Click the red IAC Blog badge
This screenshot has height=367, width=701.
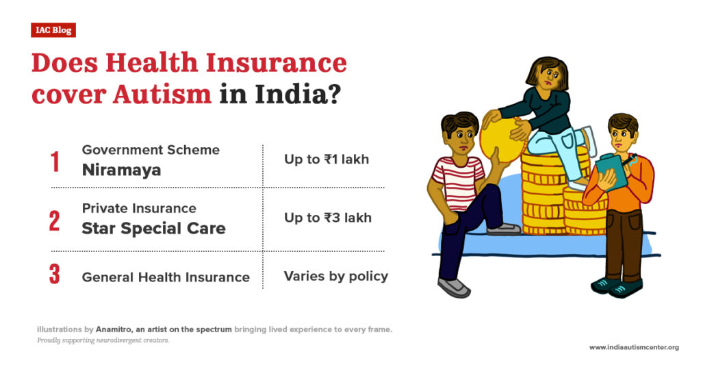click(x=53, y=30)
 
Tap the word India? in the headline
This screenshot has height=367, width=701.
click(x=296, y=93)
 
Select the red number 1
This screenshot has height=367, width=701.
click(x=55, y=162)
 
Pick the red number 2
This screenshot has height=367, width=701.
click(x=55, y=220)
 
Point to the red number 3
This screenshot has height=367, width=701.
click(x=55, y=275)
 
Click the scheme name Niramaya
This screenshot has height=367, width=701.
click(x=121, y=170)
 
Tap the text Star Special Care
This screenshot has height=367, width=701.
click(x=153, y=228)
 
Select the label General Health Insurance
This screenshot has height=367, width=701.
click(x=166, y=277)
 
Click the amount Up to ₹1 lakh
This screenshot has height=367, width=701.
click(x=327, y=160)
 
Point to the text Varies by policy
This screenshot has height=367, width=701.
click(x=336, y=277)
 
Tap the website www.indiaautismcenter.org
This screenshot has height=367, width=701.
click(x=634, y=347)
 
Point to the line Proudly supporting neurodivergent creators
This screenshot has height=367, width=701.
click(x=103, y=340)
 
